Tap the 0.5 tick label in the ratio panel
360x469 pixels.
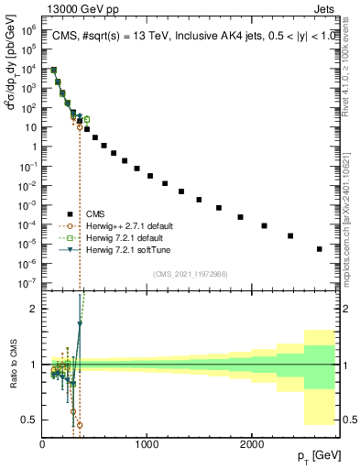click(x=29, y=420)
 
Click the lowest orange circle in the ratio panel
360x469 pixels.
click(x=80, y=425)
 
